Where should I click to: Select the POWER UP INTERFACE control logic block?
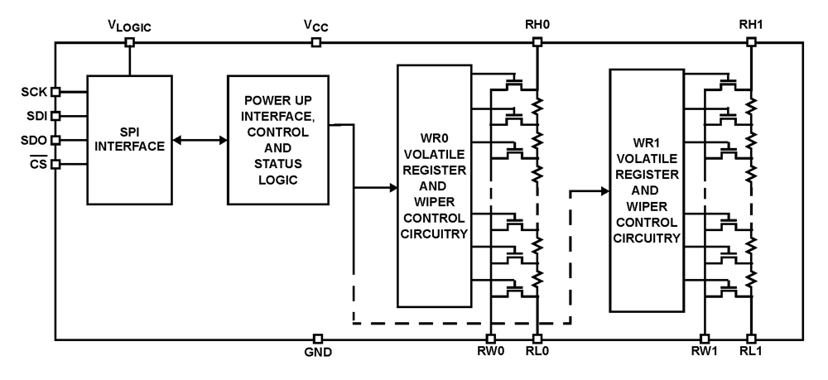click(277, 139)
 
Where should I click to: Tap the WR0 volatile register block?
click(435, 186)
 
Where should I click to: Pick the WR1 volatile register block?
click(647, 190)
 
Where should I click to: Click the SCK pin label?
click(33, 91)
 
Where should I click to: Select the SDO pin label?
click(33, 139)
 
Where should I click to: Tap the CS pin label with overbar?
click(36, 164)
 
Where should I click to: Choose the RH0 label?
click(537, 26)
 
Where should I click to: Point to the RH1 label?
click(750, 26)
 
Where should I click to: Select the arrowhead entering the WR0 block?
click(391, 187)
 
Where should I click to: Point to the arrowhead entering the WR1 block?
click(603, 191)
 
